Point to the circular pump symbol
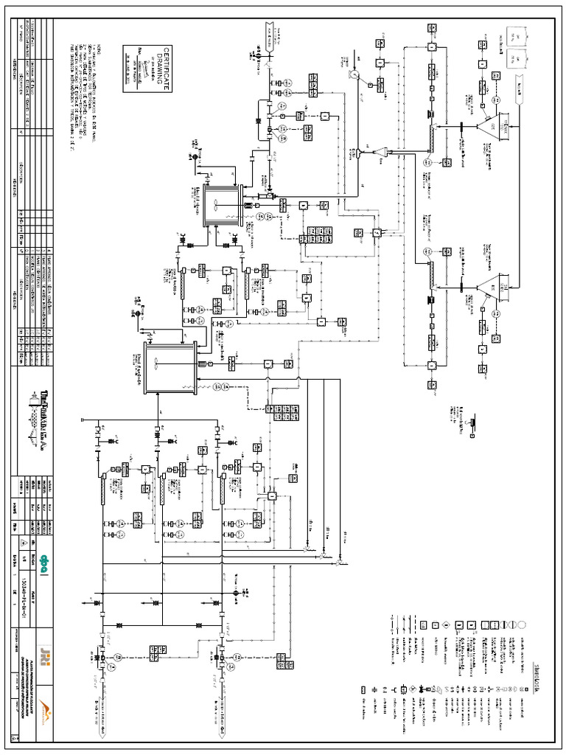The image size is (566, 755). click(354, 74)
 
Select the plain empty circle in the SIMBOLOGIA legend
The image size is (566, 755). click(523, 624)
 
